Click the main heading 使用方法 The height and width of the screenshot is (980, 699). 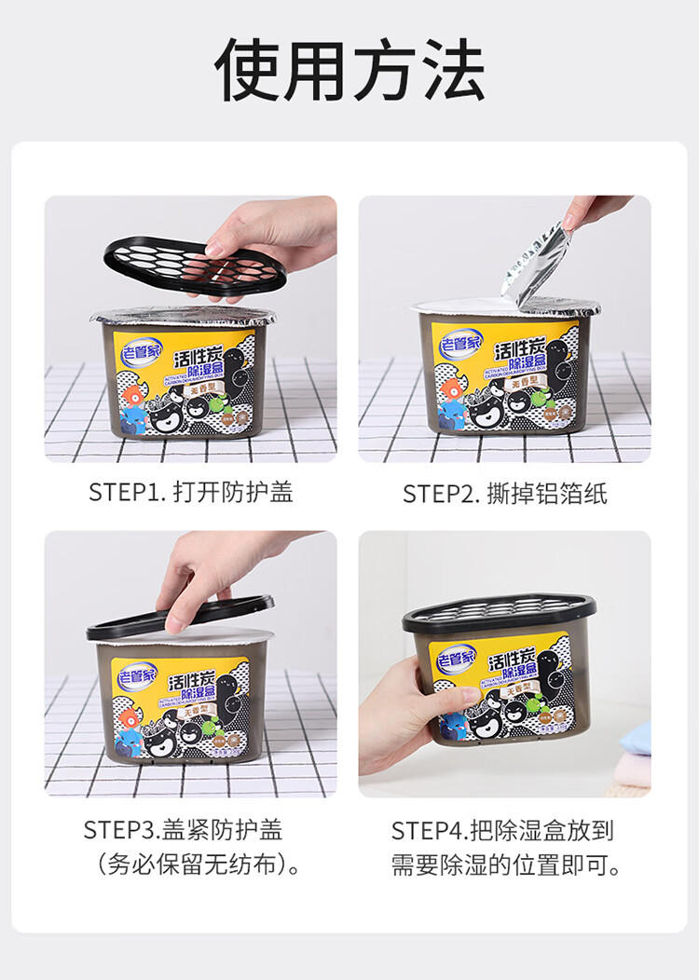349,70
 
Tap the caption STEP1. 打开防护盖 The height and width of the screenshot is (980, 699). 190,492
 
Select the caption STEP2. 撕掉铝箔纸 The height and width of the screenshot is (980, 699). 504,494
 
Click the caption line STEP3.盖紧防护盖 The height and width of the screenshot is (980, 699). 183,829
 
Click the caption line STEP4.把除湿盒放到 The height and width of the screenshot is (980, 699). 502,830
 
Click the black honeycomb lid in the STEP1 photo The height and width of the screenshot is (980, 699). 190,266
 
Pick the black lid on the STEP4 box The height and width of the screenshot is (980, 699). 499,615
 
